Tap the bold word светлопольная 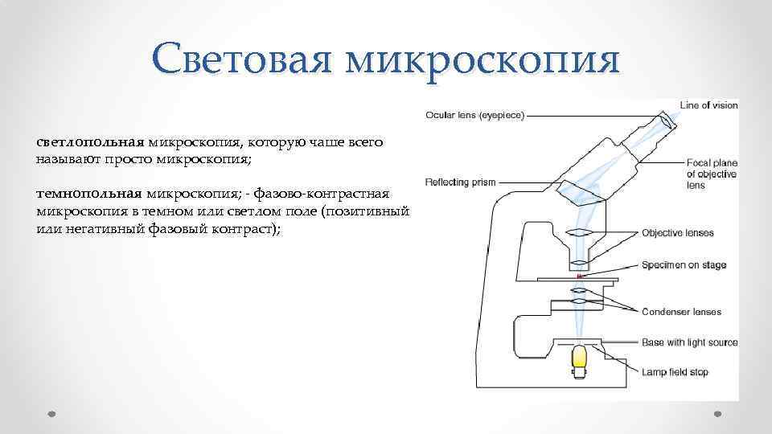coord(89,141)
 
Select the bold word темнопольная coord(88,194)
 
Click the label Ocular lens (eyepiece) coord(474,115)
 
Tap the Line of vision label coord(708,104)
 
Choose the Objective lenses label coord(677,233)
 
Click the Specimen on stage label coord(684,265)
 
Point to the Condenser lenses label coord(681,312)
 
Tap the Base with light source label coord(689,342)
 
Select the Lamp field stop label coord(675,372)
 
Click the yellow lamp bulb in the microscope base coord(580,360)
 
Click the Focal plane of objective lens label coord(712,174)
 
